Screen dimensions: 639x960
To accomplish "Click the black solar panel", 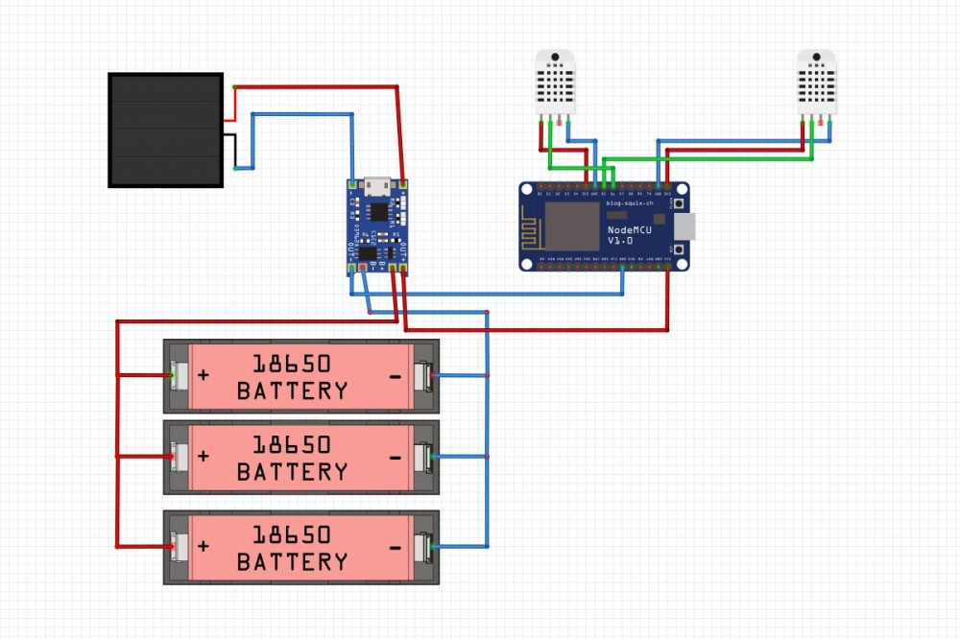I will coord(165,130).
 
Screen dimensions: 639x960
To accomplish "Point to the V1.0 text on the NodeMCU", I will coord(621,241).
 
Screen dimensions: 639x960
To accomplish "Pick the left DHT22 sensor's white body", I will coord(555,83).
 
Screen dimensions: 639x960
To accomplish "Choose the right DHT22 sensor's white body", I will coord(817,83).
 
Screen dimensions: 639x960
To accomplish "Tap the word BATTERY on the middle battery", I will coord(292,472).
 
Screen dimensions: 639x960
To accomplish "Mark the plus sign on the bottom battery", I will coord(204,546).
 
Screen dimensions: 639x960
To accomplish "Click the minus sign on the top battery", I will coord(396,376).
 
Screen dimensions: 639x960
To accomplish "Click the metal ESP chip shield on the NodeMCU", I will coord(572,225).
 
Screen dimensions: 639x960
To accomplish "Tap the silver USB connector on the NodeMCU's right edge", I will coord(683,226).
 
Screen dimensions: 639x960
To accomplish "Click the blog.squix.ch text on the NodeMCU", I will coord(629,203).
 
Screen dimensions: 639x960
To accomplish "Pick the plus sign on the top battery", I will coord(204,375).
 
